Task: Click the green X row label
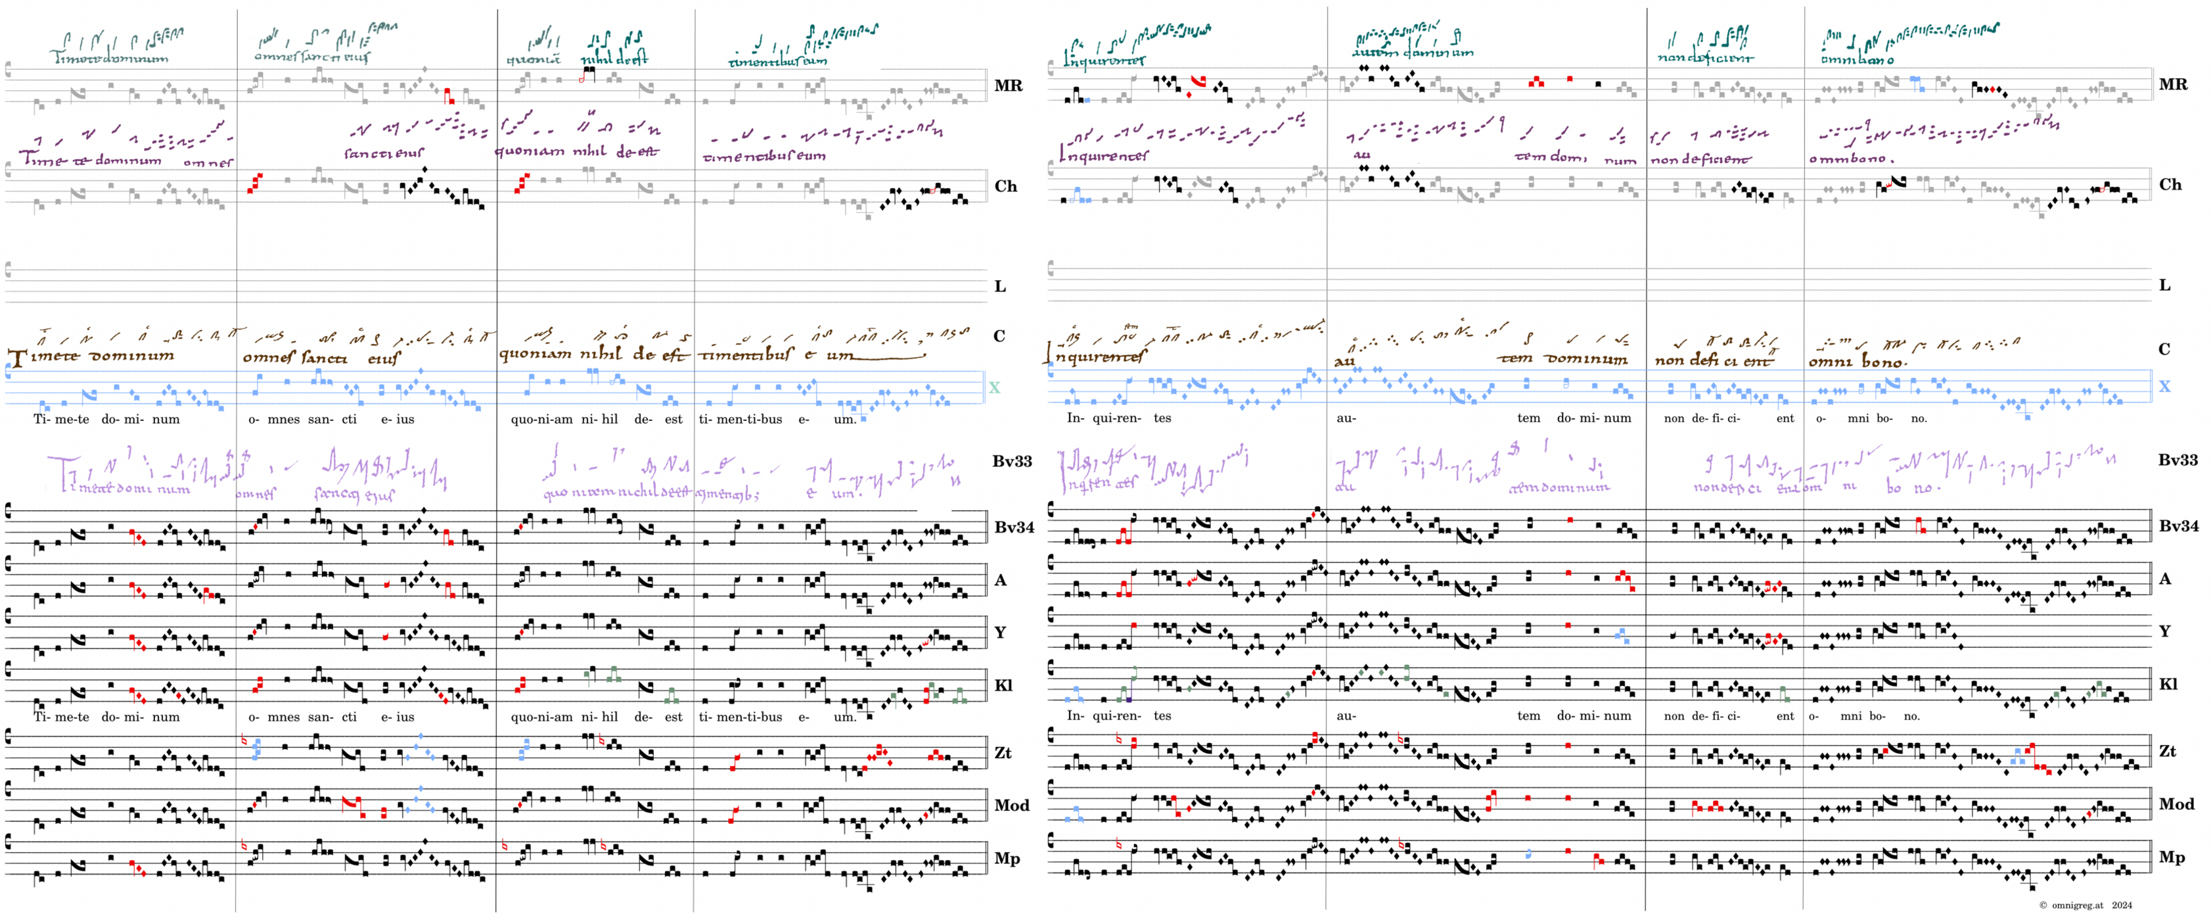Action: click(x=994, y=387)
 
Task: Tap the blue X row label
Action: click(x=2164, y=387)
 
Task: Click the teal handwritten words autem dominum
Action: click(x=1412, y=53)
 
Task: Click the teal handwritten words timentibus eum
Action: click(x=777, y=61)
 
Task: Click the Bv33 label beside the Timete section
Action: click(x=1012, y=461)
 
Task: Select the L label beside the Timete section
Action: click(x=1000, y=286)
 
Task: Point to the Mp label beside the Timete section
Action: click(x=1006, y=858)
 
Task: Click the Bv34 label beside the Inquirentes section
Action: click(x=2177, y=525)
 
